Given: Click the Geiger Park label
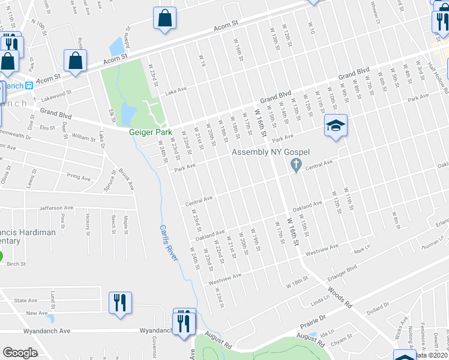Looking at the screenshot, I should click(x=151, y=132).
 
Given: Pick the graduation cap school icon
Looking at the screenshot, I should click(x=336, y=125).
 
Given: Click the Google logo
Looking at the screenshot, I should click(x=20, y=353).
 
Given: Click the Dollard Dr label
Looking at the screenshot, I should click(x=377, y=308).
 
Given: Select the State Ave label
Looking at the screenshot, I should click(x=25, y=300).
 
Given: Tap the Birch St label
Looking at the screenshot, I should click(x=16, y=263).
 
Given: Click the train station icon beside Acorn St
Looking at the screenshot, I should click(x=37, y=85).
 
